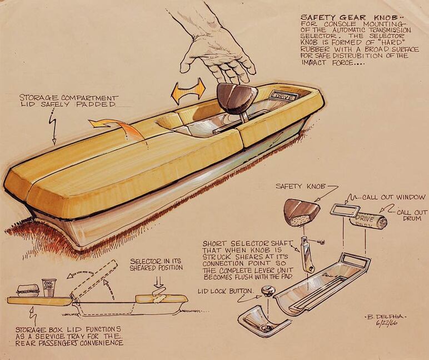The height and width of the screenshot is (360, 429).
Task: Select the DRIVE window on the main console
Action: [x=285, y=96]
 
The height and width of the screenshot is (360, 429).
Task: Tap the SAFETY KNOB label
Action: [x=299, y=187]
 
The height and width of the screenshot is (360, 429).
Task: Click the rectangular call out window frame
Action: [x=345, y=209]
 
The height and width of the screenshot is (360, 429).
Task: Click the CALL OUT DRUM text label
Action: [x=412, y=216]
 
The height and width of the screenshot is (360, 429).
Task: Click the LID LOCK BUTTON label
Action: [x=225, y=291]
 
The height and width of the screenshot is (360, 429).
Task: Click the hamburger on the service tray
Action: [x=28, y=291]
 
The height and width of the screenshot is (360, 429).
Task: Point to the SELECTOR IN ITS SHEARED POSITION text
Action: [x=157, y=264]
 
